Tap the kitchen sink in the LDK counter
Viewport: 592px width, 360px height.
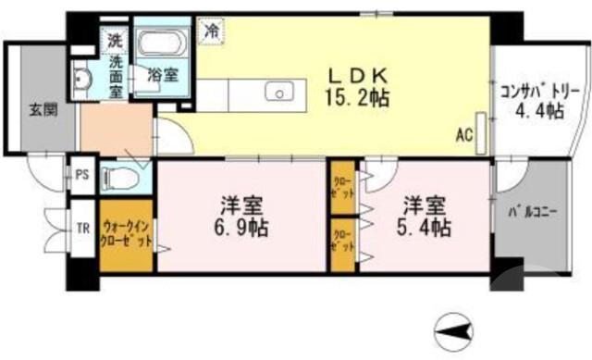click(277, 92)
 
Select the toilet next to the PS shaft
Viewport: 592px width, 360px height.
click(120, 176)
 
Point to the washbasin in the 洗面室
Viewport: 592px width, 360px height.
click(81, 80)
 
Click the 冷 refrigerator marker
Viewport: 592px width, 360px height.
click(212, 31)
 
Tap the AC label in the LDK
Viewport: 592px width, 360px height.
click(464, 134)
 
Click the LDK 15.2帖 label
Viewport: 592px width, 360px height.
click(360, 84)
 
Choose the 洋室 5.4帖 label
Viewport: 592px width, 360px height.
click(425, 216)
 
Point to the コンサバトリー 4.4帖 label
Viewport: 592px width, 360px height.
click(539, 101)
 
